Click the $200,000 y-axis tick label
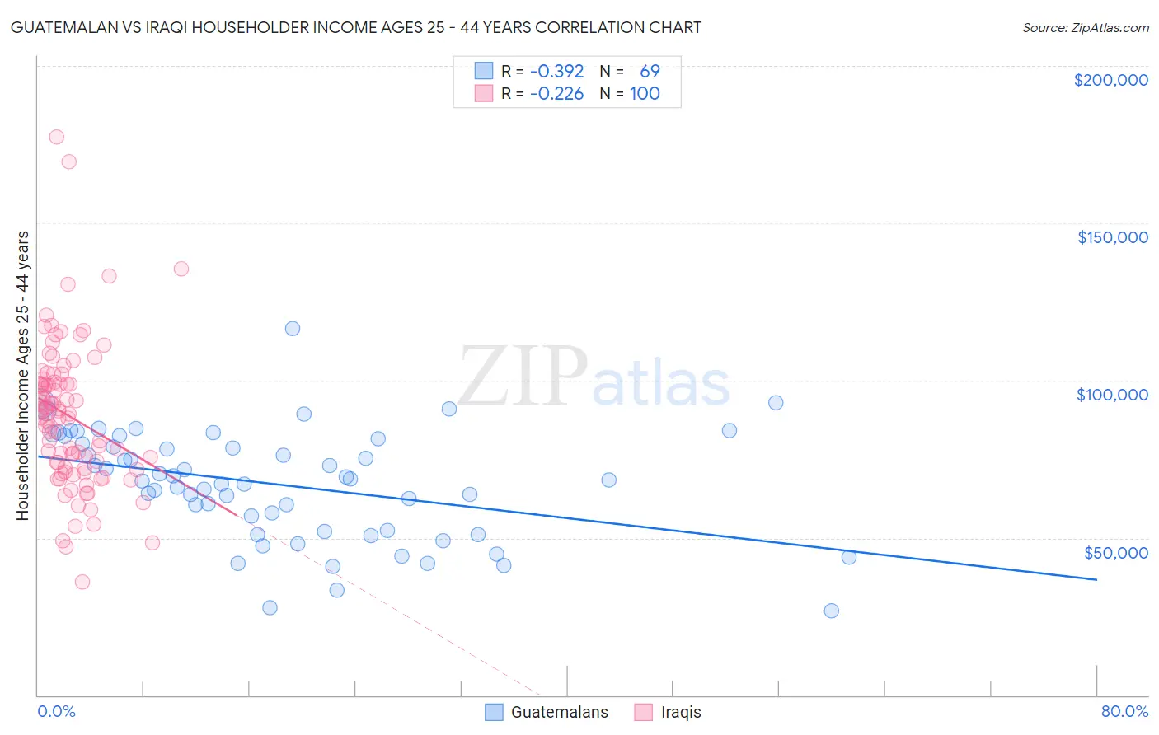1110,80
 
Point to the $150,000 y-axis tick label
1112,237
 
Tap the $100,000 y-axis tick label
1112,395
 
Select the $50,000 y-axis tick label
1115,552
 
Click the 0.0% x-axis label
56,711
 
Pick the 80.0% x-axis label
1124,711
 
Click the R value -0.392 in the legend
556,71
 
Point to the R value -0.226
556,93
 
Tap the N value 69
650,71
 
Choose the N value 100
645,93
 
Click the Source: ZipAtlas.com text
1085,27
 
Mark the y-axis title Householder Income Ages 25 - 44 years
22,376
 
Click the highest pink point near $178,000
56,137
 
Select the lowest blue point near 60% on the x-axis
831,611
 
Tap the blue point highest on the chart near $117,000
292,328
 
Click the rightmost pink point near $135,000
181,269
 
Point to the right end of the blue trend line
1096,580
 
